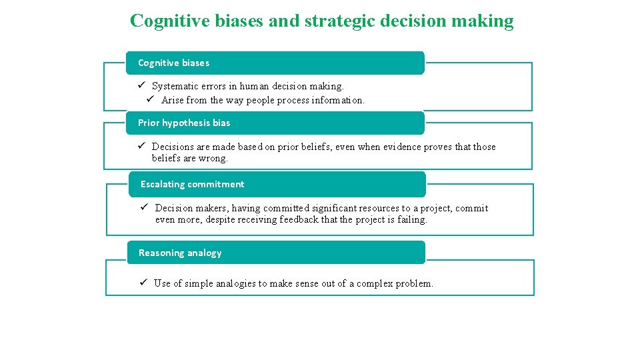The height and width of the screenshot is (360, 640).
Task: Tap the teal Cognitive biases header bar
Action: [x=275, y=63]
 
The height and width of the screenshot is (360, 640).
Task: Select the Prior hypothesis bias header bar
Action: [x=275, y=123]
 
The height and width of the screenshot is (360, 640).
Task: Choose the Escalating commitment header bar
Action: [x=277, y=184]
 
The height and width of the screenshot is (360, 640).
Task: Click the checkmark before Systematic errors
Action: [x=142, y=85]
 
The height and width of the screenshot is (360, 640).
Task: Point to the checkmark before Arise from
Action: [x=151, y=99]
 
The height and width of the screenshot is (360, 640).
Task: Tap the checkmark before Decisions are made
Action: [x=142, y=146]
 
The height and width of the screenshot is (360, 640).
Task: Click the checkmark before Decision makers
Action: [x=145, y=207]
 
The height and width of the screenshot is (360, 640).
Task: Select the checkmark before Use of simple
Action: [x=143, y=283]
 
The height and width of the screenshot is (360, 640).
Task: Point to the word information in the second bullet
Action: [x=339, y=100]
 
